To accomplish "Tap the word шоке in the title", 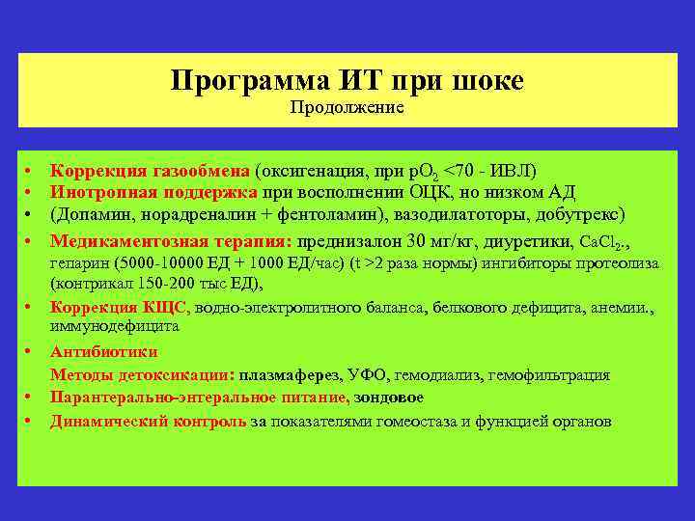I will [486, 81].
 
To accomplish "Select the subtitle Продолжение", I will [347, 108].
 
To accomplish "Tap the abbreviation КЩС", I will [165, 308].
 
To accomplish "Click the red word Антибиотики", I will [103, 352].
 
